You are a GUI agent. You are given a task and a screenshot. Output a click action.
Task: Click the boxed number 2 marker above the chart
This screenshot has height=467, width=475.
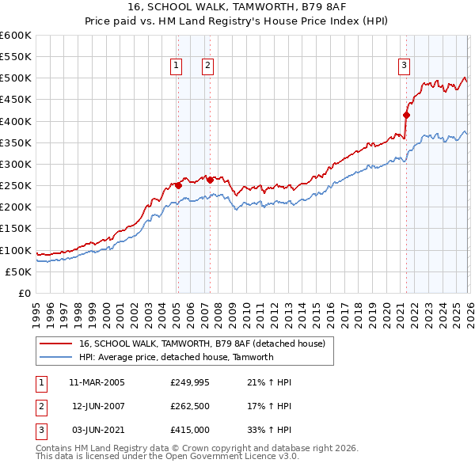pos(207,66)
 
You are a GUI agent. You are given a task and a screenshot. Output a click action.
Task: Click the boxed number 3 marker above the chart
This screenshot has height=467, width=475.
pos(404,66)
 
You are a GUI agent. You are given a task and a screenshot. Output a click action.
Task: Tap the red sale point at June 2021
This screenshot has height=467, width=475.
pos(407,115)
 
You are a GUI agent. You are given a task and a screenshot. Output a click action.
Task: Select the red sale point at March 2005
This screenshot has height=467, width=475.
pos(178,185)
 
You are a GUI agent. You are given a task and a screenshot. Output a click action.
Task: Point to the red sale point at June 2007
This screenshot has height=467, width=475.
pos(210,180)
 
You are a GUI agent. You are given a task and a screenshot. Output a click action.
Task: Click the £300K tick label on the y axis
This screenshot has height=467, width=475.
pos(16,164)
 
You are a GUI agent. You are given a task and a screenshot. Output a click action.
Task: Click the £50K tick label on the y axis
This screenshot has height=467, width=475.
pos(19,271)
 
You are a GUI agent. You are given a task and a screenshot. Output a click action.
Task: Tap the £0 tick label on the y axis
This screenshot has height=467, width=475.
pos(25,293)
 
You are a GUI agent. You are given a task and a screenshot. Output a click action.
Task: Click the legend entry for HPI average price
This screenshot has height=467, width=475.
pos(176,357)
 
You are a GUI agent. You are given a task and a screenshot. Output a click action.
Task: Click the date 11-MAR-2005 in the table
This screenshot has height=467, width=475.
pos(97,382)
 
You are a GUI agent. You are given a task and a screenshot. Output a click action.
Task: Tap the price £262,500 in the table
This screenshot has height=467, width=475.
pos(189,406)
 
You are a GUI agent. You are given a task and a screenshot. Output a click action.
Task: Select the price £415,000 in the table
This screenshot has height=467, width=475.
pos(189,430)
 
